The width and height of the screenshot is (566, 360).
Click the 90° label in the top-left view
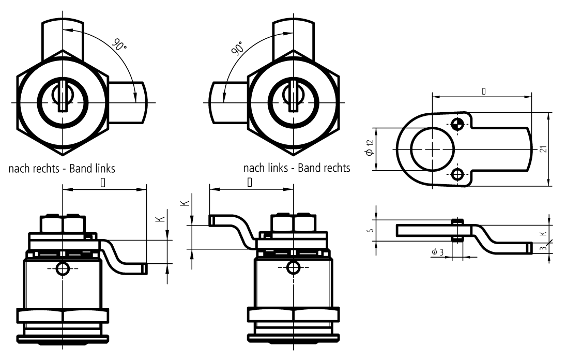(x=120, y=45)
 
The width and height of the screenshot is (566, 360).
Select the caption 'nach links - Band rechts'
(x=297, y=168)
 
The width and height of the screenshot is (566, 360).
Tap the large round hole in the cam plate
(x=432, y=148)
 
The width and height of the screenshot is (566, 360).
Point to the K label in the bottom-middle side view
(x=186, y=205)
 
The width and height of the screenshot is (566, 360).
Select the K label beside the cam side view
(x=543, y=233)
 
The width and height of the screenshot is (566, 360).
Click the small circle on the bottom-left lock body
(x=63, y=268)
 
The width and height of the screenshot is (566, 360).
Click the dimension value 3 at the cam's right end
(x=543, y=248)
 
